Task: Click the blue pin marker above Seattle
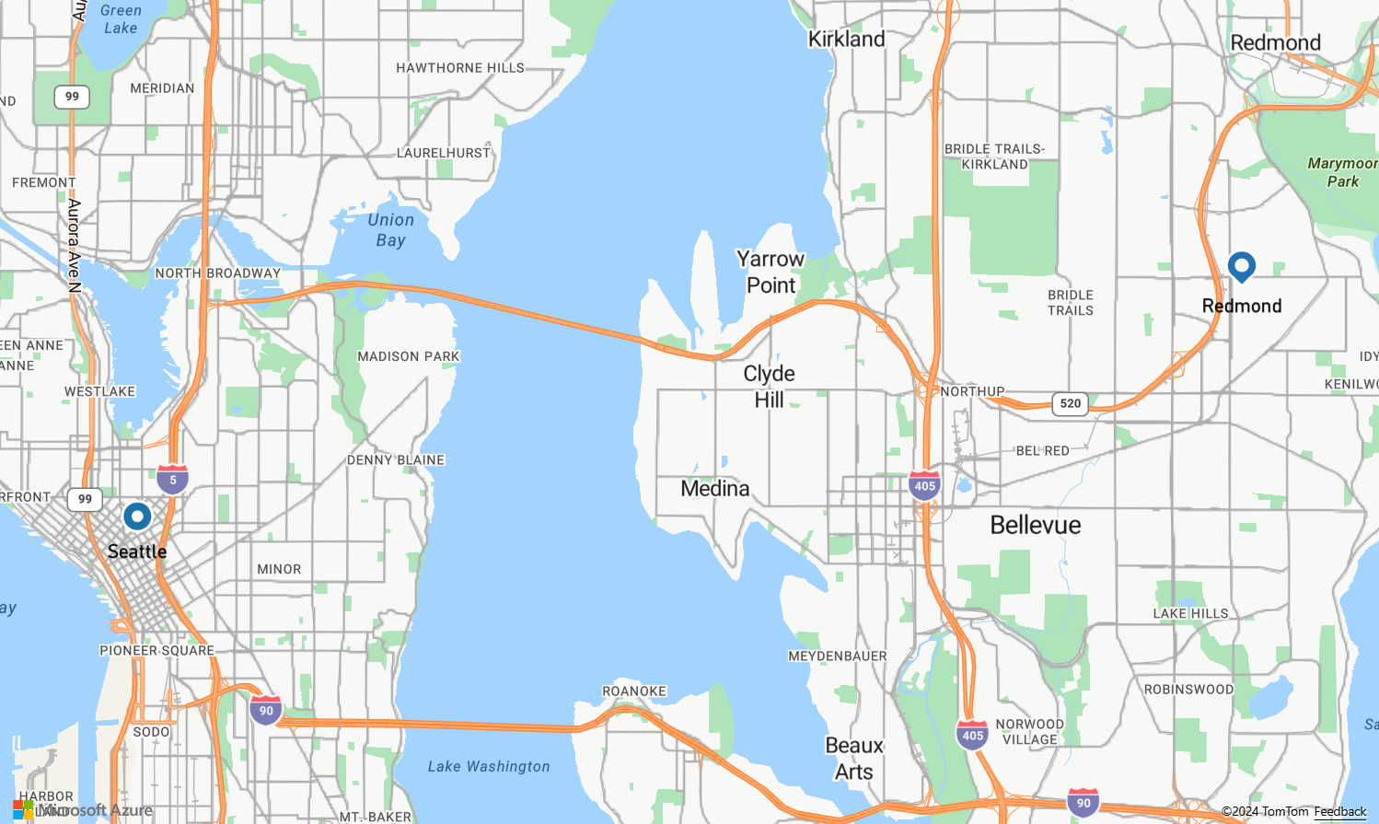click(137, 516)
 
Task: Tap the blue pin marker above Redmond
click(1242, 267)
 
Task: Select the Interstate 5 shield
click(172, 479)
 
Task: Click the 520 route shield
click(1070, 403)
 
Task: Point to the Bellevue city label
click(1036, 525)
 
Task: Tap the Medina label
click(715, 489)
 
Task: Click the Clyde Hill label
click(770, 387)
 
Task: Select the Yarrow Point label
click(771, 273)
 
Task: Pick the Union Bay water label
click(390, 230)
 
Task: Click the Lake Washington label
click(489, 766)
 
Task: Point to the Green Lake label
click(121, 19)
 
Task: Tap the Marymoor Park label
click(1342, 172)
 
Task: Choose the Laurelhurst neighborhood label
click(444, 153)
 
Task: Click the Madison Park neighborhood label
click(409, 356)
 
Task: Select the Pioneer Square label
click(156, 650)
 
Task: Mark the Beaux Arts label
click(854, 759)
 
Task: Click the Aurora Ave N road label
click(75, 245)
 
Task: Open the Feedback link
click(1340, 811)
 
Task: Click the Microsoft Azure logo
click(83, 810)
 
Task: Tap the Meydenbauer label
click(838, 656)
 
